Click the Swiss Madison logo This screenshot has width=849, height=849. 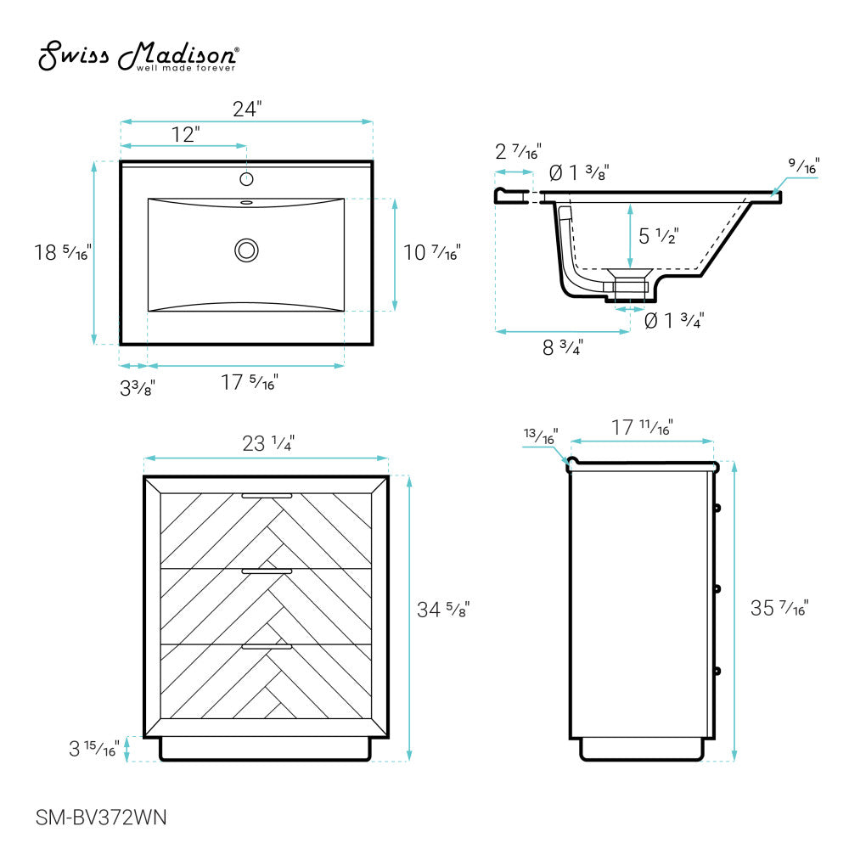pos(138,58)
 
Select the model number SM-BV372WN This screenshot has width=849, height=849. pos(101,818)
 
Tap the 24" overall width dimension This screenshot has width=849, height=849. pos(247,109)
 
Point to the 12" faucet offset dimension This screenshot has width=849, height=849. pos(185,134)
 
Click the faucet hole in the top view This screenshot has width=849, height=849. pos(247,179)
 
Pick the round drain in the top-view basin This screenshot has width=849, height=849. pos(247,250)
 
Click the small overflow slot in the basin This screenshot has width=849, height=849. pos(247,203)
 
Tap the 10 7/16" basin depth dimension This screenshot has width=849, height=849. pos(432,252)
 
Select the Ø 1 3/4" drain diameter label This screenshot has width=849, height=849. pos(674,321)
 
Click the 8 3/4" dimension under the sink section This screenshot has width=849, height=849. pos(562,346)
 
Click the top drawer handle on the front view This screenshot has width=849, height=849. pos(267,495)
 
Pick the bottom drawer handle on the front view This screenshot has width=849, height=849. pos(267,647)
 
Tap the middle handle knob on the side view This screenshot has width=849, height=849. pos(717,588)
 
